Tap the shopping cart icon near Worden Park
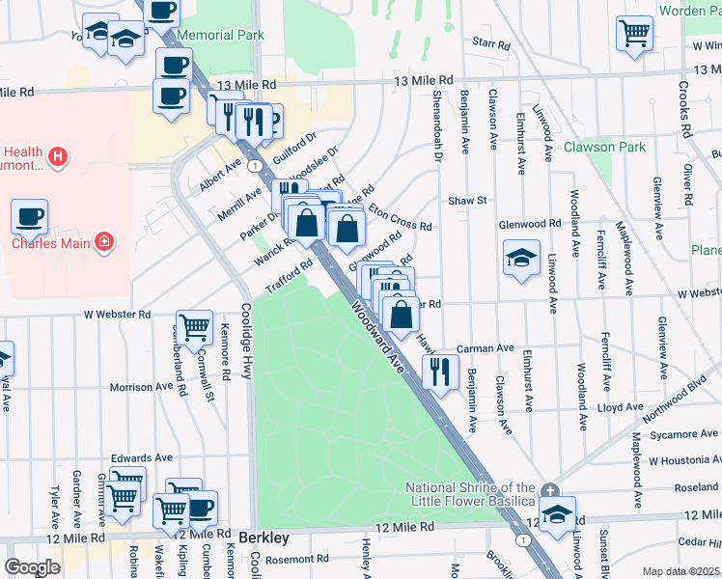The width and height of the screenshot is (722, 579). (634, 31)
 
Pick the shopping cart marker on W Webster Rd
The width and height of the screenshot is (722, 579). (195, 327)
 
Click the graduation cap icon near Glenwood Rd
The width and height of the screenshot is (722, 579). (521, 258)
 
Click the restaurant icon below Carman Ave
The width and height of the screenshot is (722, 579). (441, 371)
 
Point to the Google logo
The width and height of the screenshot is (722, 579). (32, 567)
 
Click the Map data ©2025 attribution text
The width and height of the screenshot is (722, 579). (680, 571)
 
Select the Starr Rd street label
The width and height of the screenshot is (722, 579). (490, 44)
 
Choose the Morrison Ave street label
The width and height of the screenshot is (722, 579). (141, 387)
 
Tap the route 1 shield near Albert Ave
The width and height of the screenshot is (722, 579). (252, 167)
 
